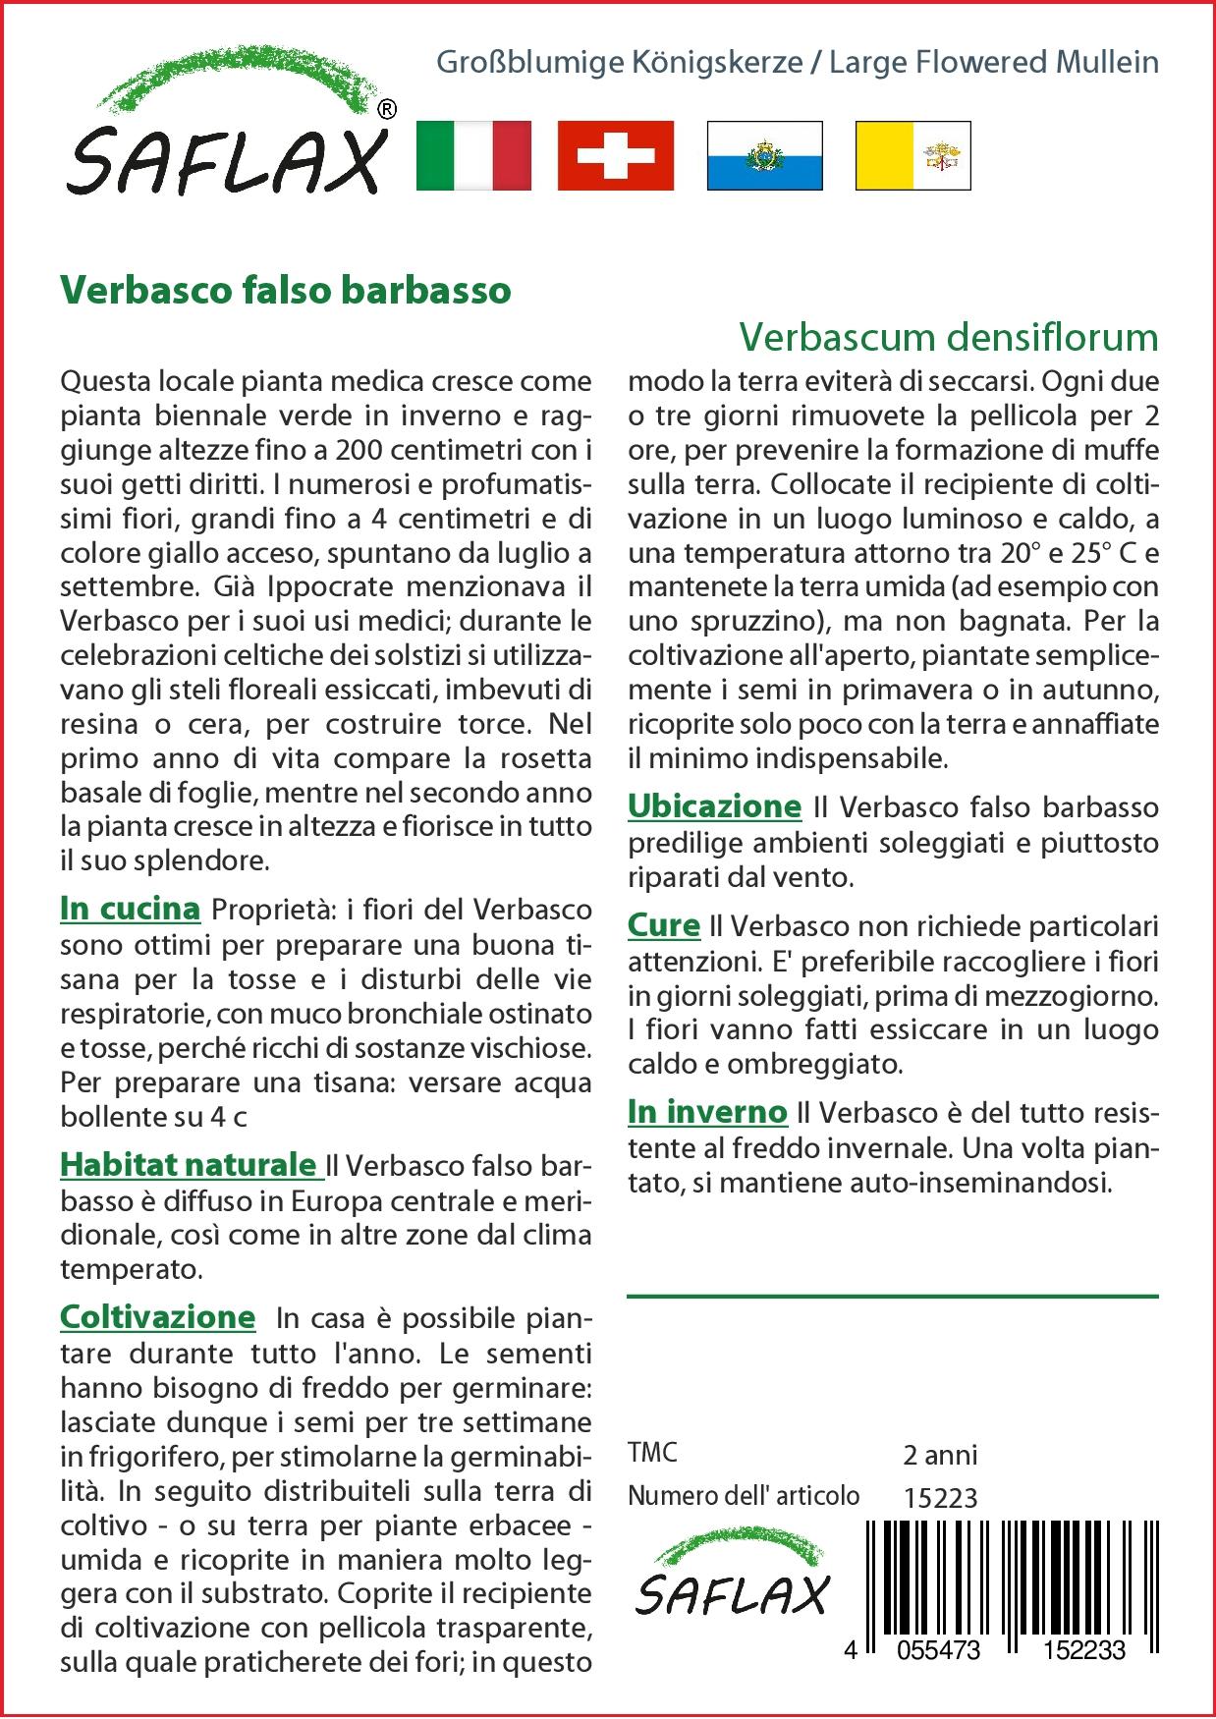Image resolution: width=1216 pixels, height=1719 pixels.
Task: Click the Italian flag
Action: (x=473, y=155)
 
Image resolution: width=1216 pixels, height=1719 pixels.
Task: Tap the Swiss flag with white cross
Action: (x=616, y=155)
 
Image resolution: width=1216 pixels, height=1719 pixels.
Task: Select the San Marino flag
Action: (x=764, y=155)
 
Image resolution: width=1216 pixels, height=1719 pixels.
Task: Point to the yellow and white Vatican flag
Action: (x=912, y=155)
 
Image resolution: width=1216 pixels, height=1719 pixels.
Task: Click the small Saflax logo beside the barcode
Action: (x=733, y=1580)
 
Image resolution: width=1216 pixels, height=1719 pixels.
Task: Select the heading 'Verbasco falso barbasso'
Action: (x=286, y=290)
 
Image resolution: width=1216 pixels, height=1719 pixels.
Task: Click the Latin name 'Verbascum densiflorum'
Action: (x=948, y=337)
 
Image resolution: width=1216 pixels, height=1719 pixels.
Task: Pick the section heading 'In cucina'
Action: (x=130, y=909)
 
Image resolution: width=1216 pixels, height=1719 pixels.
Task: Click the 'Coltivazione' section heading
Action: (x=157, y=1316)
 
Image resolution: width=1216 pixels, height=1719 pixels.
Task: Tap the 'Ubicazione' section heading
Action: (x=714, y=806)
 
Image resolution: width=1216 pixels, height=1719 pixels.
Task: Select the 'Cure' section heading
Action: (x=664, y=925)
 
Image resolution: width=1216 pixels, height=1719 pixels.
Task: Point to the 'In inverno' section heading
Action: (x=707, y=1112)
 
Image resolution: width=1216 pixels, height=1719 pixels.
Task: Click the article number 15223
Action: (x=940, y=1497)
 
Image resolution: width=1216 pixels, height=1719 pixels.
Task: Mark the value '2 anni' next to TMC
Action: (x=940, y=1454)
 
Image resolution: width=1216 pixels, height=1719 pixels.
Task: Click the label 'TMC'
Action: (x=652, y=1453)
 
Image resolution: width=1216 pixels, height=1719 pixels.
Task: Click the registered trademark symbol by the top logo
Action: (x=387, y=110)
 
